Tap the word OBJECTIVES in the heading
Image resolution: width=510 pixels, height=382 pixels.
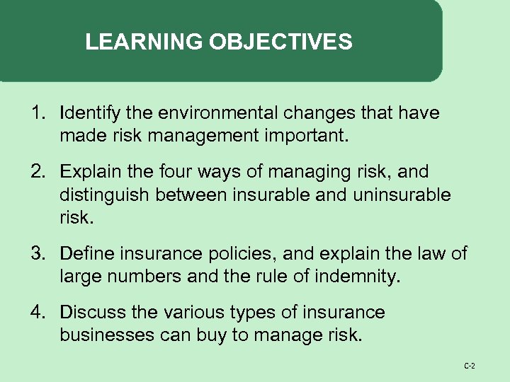pyautogui.click(x=280, y=42)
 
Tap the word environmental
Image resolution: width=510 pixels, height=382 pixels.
pyautogui.click(x=210, y=113)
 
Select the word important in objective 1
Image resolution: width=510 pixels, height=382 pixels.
pyautogui.click(x=307, y=135)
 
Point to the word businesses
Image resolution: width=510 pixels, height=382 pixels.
pyautogui.click(x=106, y=335)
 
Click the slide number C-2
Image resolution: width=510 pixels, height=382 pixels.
pyautogui.click(x=469, y=366)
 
